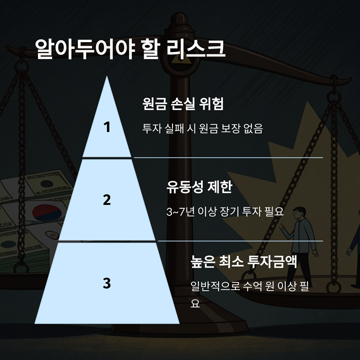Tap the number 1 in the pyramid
[106, 127]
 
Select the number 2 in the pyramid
[106, 199]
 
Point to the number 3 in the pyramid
[106, 283]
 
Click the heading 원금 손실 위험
[182, 104]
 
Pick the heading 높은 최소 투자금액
[244, 261]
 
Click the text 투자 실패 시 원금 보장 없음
[202, 128]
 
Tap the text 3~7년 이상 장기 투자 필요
[225, 212]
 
